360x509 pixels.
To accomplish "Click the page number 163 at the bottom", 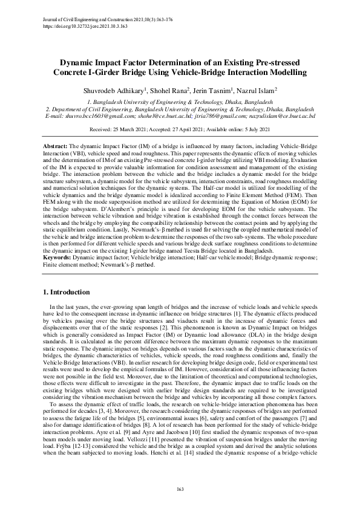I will point(180,488).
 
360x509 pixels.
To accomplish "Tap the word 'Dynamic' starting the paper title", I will point(77,62).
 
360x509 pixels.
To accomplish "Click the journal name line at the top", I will point(108,20).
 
